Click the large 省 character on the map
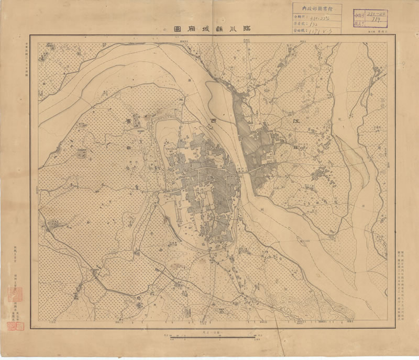tap(128, 120)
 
